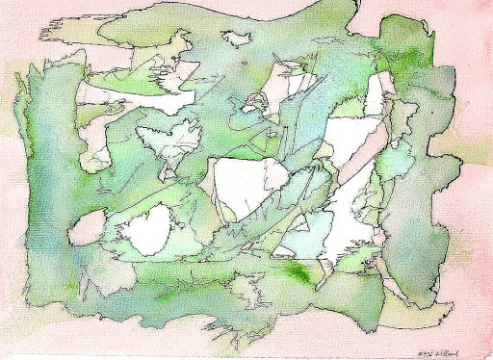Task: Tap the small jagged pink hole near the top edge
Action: (236, 39)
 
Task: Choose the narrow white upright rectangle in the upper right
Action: (376, 93)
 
